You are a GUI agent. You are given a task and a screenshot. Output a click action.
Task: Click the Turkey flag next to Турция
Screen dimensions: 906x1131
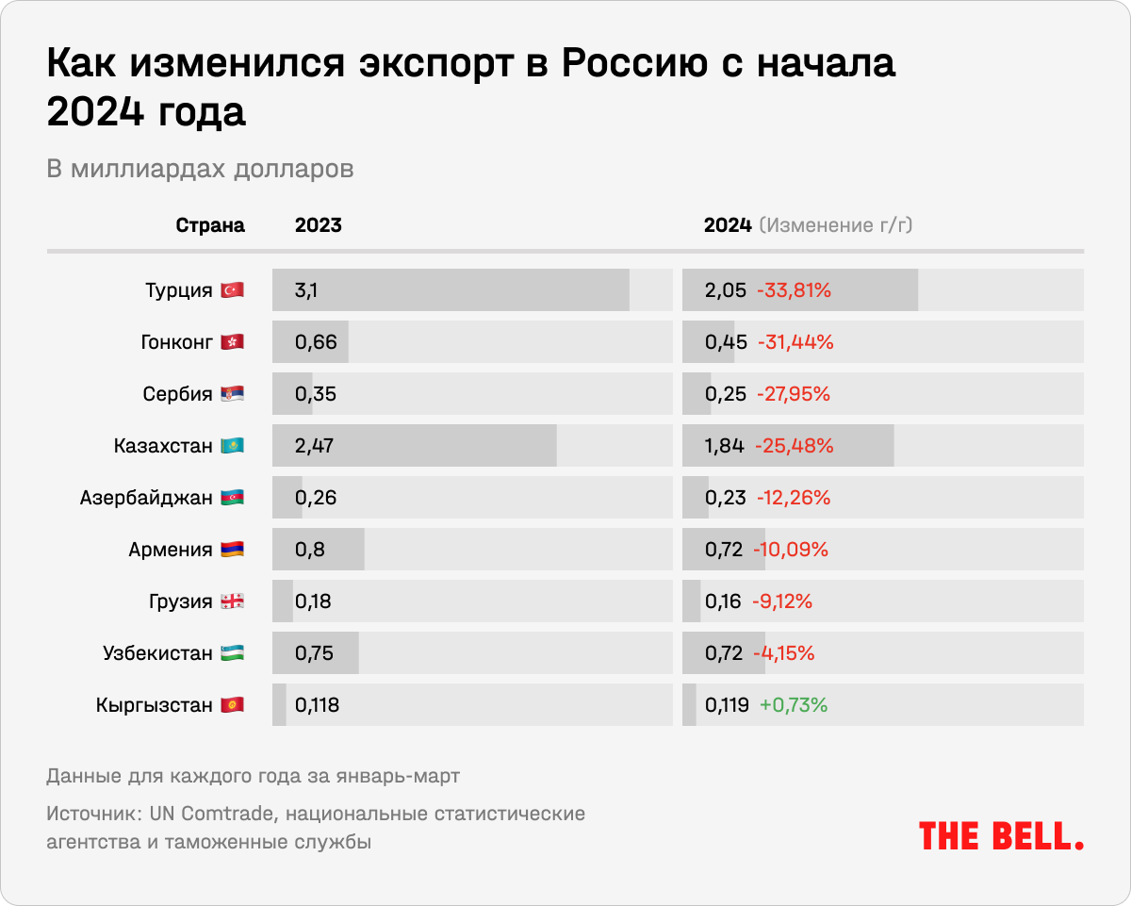point(232,290)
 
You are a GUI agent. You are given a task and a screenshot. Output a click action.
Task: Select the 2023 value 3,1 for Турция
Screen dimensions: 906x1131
point(305,290)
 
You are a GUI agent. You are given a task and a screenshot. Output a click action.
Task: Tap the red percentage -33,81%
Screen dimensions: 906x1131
point(794,290)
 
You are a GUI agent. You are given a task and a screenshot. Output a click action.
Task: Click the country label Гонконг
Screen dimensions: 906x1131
point(176,342)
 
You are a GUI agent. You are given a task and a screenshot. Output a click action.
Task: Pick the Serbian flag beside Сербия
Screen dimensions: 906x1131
point(232,394)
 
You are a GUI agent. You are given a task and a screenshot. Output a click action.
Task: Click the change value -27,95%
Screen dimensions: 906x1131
point(794,394)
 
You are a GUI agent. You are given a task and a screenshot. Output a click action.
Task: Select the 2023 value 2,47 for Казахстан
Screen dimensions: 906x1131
point(315,446)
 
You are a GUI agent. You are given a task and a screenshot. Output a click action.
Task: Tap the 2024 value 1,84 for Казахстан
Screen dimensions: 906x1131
point(725,446)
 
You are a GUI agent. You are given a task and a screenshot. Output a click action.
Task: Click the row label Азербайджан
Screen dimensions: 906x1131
point(146,498)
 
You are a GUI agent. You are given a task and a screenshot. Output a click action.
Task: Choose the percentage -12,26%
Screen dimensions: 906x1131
point(794,498)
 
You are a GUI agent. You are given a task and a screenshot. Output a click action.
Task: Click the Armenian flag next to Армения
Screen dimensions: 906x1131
point(232,550)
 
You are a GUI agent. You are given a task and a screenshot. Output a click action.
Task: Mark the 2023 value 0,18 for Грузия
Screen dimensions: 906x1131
point(313,601)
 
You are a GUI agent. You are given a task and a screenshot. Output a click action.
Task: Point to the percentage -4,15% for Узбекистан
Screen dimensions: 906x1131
point(784,653)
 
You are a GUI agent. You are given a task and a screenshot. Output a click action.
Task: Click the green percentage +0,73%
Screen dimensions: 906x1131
point(794,705)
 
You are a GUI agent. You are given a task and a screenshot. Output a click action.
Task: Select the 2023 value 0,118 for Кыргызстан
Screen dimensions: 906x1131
point(317,705)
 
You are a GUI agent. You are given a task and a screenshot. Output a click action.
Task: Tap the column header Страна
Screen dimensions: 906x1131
point(210,225)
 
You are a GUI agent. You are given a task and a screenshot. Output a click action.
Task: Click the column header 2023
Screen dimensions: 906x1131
point(318,225)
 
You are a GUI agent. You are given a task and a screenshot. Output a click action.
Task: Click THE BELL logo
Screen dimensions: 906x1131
point(1001,835)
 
